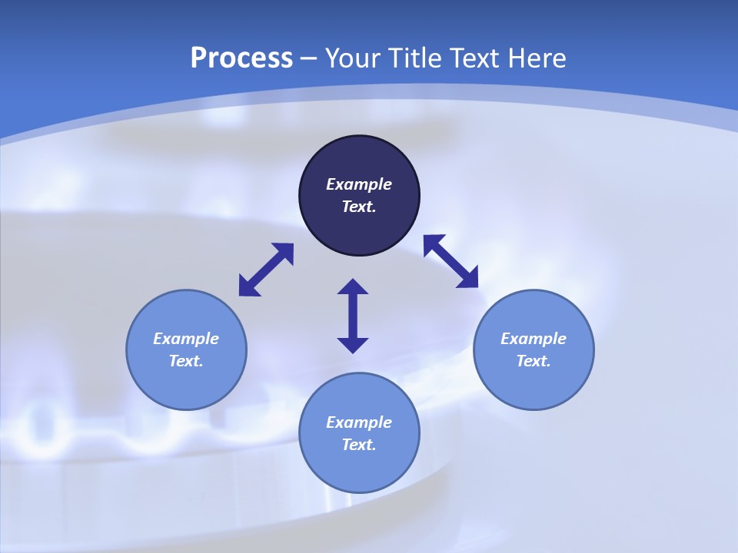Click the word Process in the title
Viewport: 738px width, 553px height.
(x=241, y=58)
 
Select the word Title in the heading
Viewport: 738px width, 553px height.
(x=420, y=58)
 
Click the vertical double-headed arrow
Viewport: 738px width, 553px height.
(x=353, y=316)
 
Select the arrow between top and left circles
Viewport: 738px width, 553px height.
(x=266, y=270)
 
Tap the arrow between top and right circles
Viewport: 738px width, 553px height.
(x=450, y=261)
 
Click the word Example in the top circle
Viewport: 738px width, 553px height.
(x=359, y=184)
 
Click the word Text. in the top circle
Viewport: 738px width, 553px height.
(x=359, y=207)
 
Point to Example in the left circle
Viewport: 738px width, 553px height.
(x=186, y=339)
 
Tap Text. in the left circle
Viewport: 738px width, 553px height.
(x=186, y=361)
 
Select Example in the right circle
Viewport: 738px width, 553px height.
(x=534, y=339)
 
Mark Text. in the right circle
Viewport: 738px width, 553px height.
(x=534, y=361)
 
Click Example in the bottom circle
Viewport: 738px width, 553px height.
(x=359, y=422)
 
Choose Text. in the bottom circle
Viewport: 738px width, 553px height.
(x=359, y=445)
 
